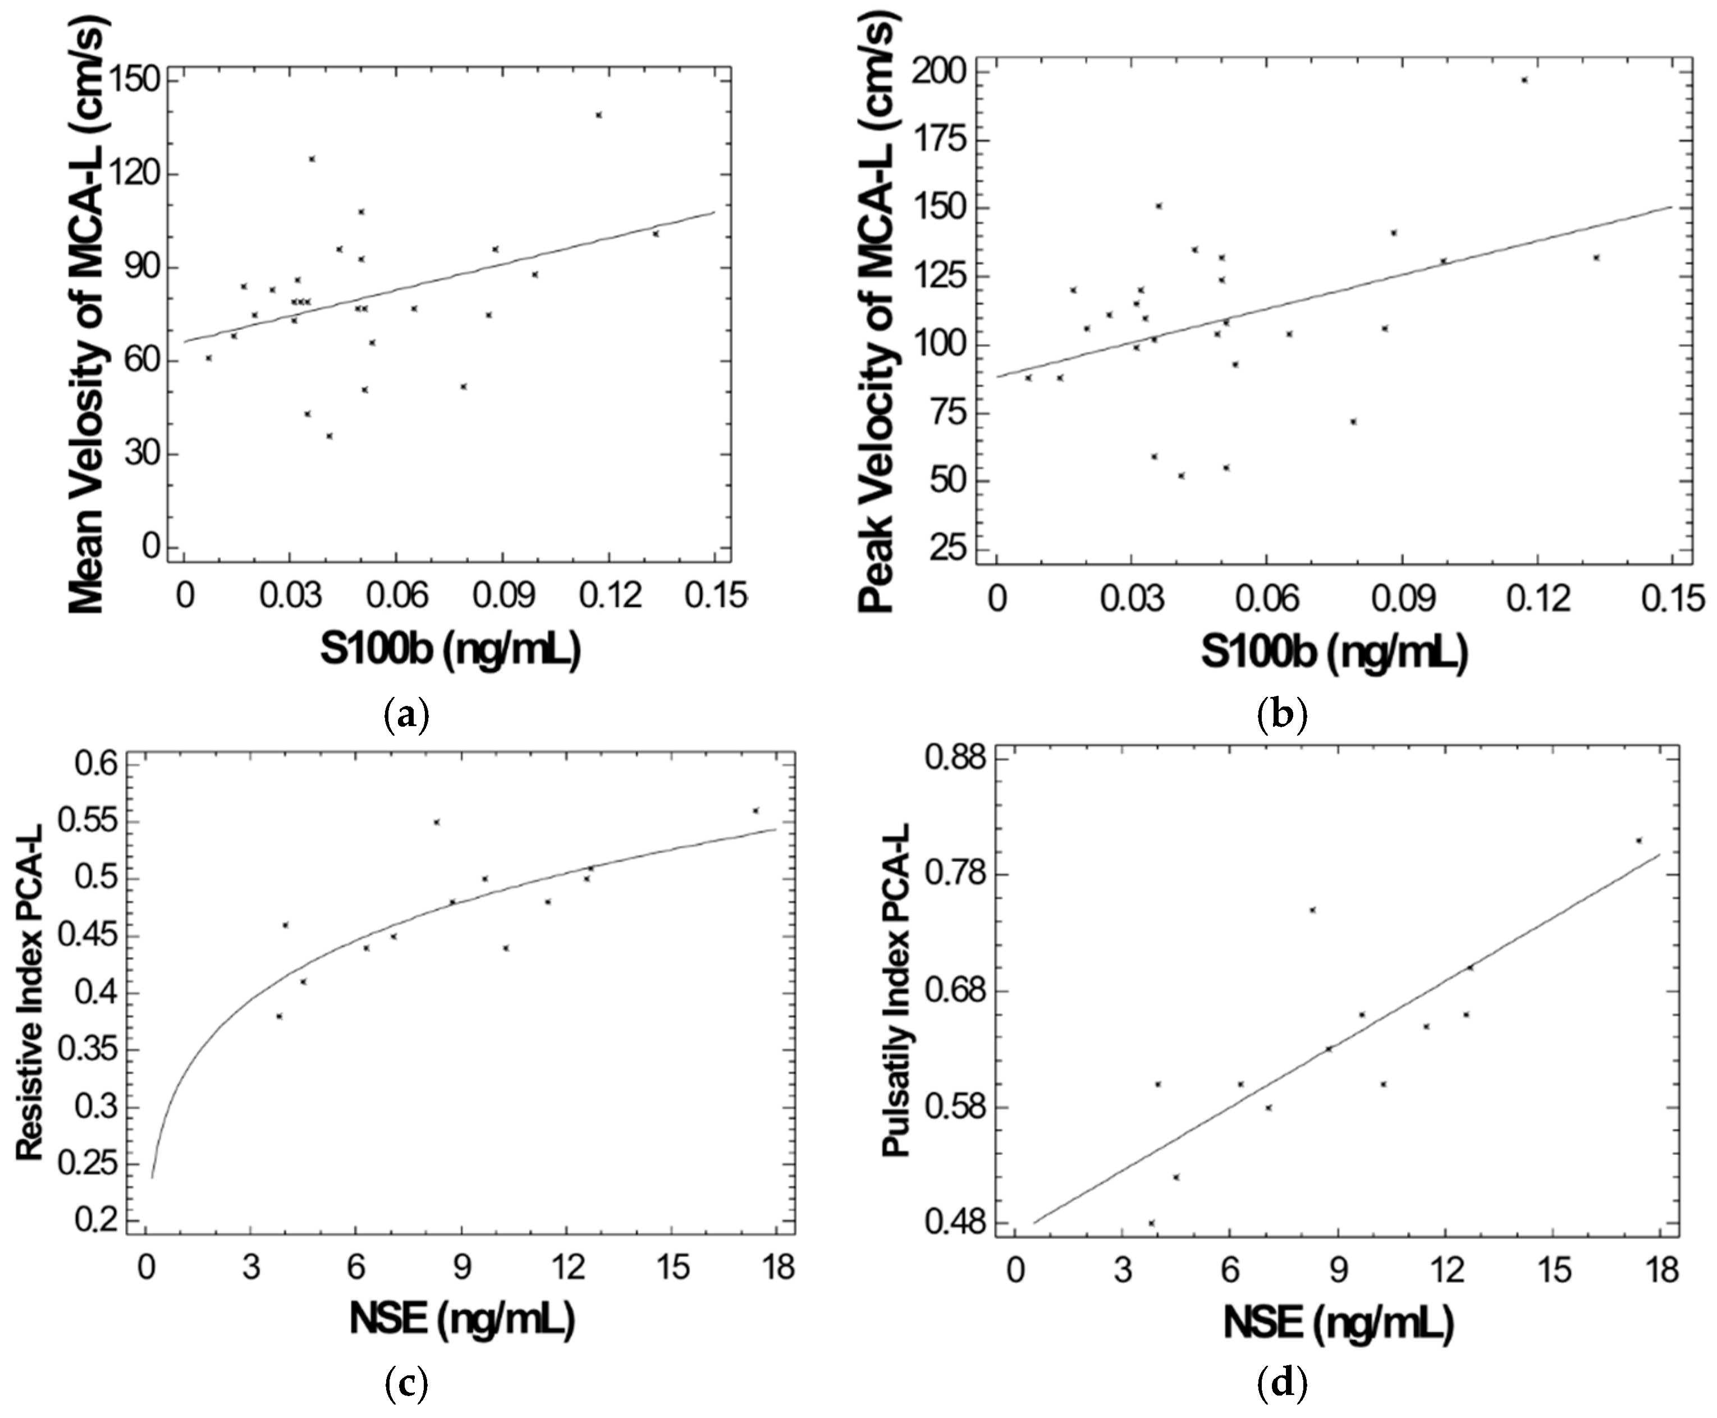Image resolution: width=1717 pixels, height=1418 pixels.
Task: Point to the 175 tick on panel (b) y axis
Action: pyautogui.click(x=949, y=140)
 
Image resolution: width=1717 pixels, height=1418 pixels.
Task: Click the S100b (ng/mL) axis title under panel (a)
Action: pyautogui.click(x=450, y=650)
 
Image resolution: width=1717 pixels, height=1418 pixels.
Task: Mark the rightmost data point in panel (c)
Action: pyautogui.click(x=756, y=810)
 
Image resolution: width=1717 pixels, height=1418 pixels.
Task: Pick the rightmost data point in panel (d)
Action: pyautogui.click(x=1638, y=839)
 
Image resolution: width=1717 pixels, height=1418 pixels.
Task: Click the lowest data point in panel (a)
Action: pyautogui.click(x=329, y=436)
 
